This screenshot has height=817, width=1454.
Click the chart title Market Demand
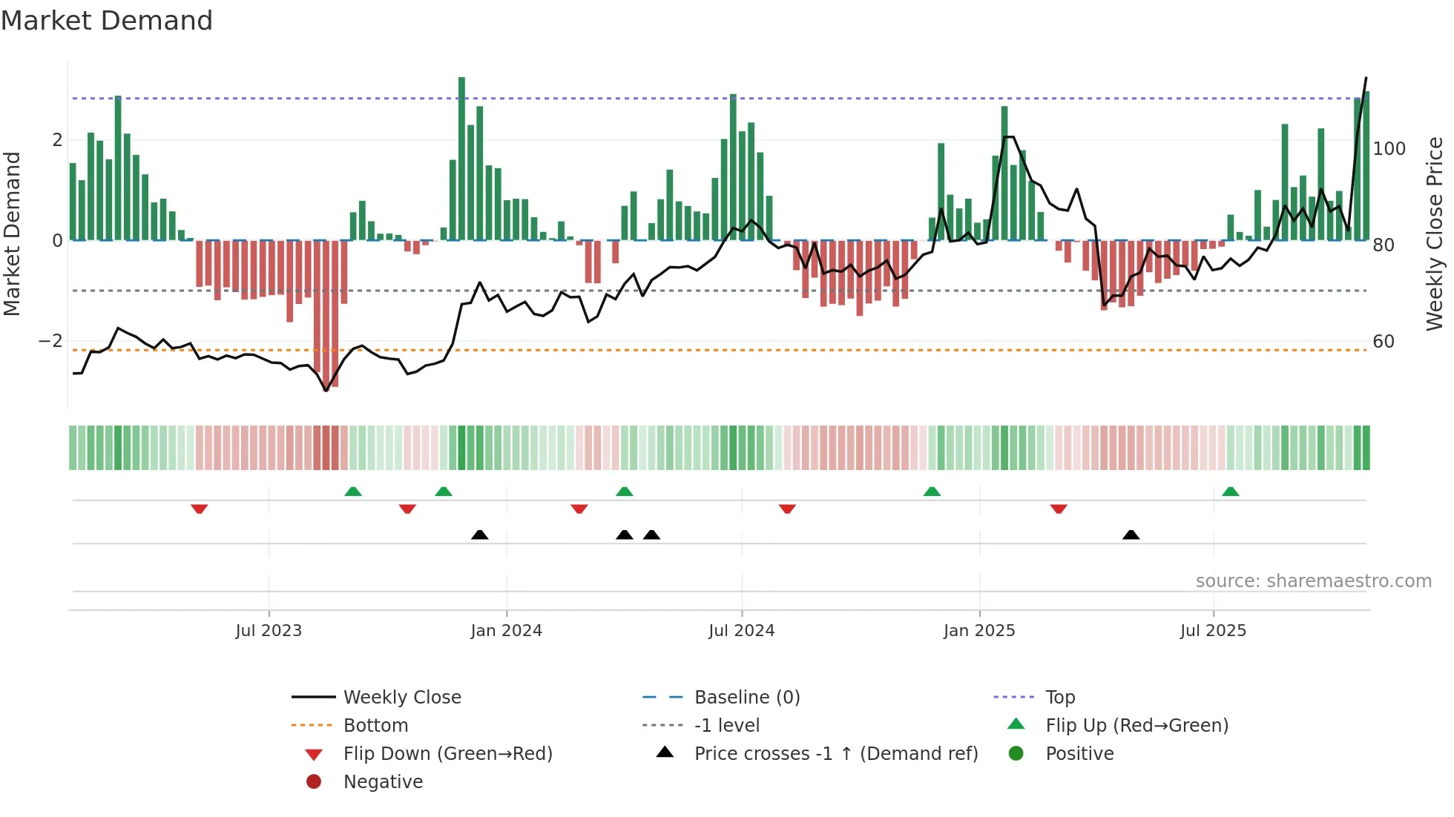[x=107, y=21]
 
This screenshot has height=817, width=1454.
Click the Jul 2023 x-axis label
[x=269, y=631]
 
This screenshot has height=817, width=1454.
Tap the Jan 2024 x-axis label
[x=506, y=631]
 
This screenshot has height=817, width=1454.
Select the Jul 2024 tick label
[x=741, y=631]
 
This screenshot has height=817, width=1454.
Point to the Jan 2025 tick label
[x=979, y=631]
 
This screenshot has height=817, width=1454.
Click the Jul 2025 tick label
[x=1213, y=631]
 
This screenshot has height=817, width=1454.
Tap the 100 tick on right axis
[x=1389, y=149]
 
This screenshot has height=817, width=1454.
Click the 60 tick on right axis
[x=1384, y=342]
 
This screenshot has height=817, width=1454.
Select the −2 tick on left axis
[x=50, y=341]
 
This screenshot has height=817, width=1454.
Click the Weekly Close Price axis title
[x=1435, y=234]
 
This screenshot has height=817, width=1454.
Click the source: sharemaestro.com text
[x=1313, y=581]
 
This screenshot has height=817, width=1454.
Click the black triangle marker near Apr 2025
[x=1131, y=535]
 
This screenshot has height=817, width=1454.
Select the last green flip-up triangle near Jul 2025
[x=1230, y=492]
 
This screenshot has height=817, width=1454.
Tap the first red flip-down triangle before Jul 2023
[x=199, y=509]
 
